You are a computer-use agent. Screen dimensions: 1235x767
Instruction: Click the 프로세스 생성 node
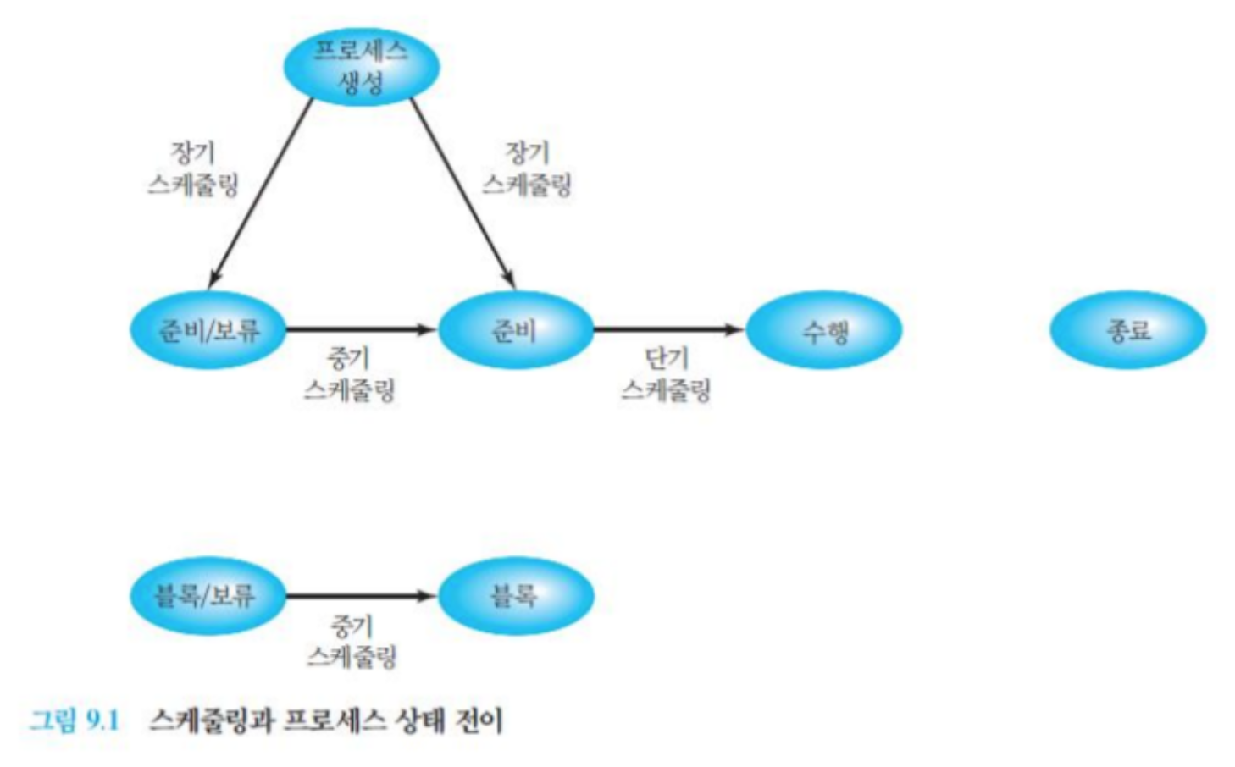coord(362,67)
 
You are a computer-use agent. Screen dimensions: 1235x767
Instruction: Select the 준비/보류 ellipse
coord(208,329)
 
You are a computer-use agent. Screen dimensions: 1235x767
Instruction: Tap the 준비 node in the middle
coord(515,329)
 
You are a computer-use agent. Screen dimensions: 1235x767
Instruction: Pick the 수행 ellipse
coord(824,329)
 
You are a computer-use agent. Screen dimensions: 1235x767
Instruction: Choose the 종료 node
coord(1127,329)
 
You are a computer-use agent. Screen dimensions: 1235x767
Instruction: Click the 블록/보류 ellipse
coord(207,595)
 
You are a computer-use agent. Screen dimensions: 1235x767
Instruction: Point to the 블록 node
coord(515,595)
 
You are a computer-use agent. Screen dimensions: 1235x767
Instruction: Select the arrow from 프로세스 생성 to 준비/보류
coord(261,191)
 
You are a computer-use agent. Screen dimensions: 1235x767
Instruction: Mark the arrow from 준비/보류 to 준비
coord(361,329)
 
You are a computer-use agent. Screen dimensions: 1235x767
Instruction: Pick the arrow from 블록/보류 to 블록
coord(361,596)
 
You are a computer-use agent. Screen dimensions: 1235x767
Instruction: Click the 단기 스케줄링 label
coord(667,374)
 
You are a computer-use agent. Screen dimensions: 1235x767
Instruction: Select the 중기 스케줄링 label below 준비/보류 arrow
coord(349,374)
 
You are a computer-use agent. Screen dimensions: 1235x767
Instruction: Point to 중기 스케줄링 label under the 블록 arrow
coord(352,642)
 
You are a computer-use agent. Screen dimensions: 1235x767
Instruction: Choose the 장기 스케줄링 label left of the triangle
coord(193,168)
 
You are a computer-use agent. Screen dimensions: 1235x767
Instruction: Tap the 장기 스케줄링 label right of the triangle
coord(527,168)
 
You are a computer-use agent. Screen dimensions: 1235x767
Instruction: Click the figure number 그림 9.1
coord(75,721)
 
